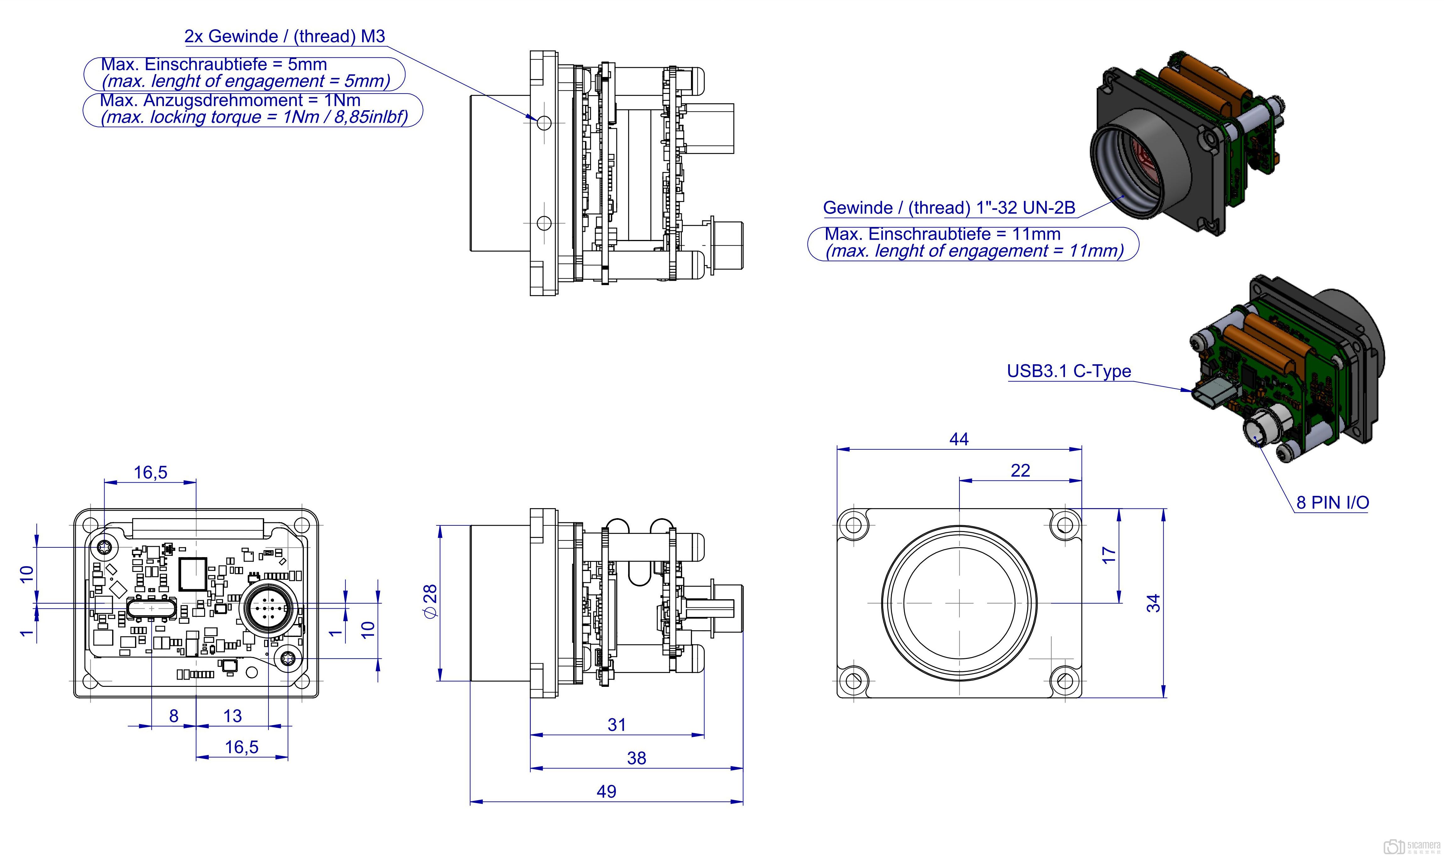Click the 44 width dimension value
click(x=958, y=439)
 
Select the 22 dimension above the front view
click(x=1020, y=471)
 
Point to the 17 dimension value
click(x=1108, y=555)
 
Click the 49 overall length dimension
click(x=606, y=791)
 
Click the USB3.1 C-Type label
click(x=1068, y=371)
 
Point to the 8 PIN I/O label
click(x=1332, y=502)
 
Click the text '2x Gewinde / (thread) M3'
click(x=285, y=36)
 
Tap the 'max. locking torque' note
click(x=254, y=117)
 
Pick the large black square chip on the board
click(x=193, y=574)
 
